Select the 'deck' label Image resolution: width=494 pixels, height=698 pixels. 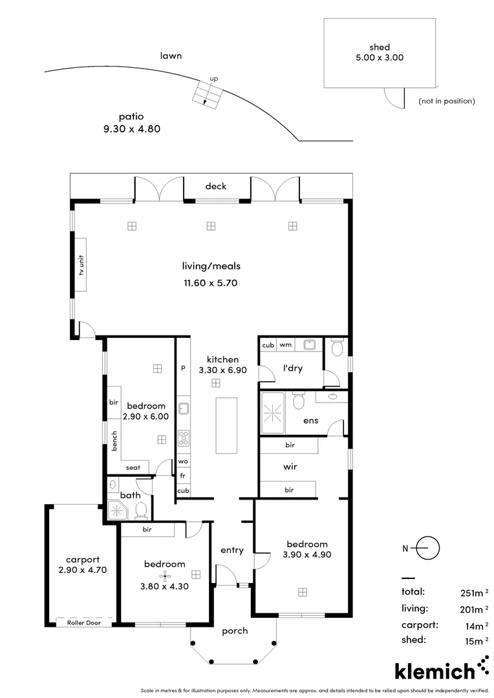point(216,186)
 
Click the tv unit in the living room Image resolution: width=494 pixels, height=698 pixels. point(82,265)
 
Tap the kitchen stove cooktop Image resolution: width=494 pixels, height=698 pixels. point(183,438)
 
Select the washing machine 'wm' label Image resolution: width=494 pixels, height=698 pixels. point(285,345)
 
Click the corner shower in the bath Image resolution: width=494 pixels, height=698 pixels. point(118,510)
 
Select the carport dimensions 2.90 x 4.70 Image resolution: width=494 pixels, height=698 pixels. point(81,570)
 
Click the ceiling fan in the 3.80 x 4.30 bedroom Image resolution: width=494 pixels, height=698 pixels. point(165,575)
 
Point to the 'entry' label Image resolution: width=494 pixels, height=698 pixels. point(232,550)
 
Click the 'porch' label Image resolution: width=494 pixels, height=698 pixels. point(234,631)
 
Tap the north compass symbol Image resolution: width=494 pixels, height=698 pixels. point(427,549)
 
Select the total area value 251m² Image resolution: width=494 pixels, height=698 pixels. point(469,592)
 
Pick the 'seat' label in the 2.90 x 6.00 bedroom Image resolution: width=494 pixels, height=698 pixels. point(133,468)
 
